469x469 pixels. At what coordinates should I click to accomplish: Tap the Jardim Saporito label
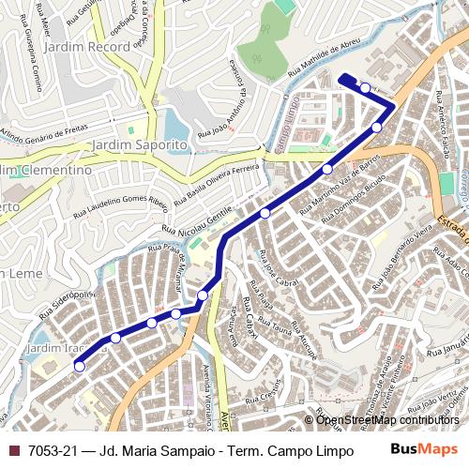click(x=140, y=145)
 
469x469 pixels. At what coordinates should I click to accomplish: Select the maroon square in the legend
click(x=13, y=451)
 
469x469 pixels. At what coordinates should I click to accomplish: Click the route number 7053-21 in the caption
click(x=53, y=451)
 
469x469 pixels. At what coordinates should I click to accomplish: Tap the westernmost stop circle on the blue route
click(x=80, y=367)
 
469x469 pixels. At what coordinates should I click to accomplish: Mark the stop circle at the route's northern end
click(x=365, y=87)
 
